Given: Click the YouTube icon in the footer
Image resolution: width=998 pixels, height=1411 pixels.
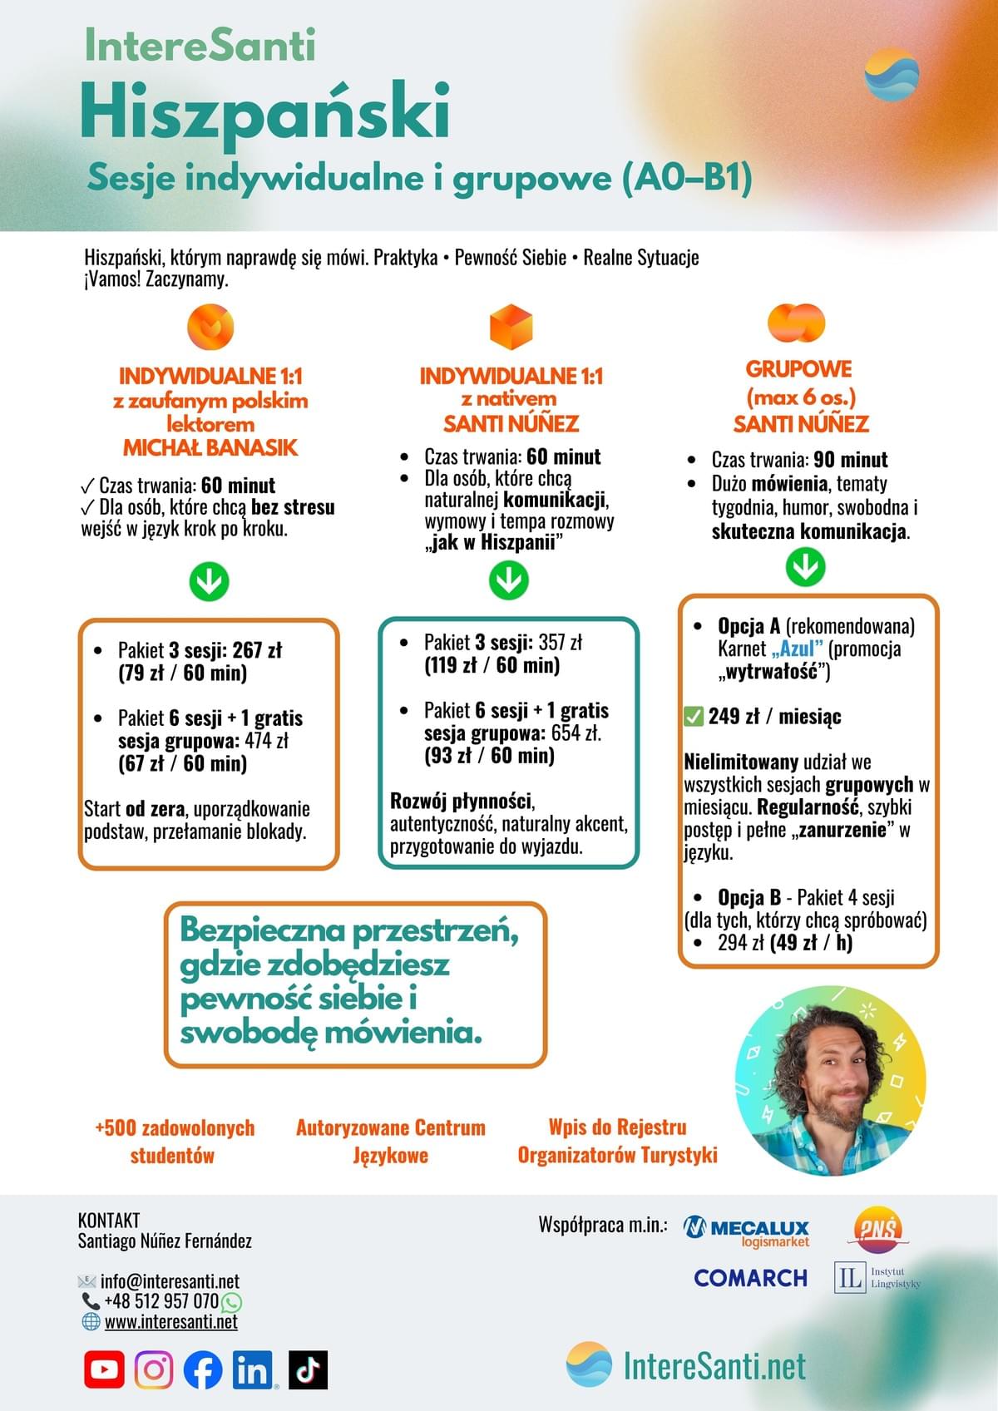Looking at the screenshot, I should (x=104, y=1369).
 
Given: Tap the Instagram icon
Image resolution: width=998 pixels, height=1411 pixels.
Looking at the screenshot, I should (x=154, y=1369).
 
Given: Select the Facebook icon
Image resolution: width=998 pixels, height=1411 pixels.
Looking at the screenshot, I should (x=203, y=1369).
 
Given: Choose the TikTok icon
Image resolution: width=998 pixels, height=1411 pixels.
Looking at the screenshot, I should (x=308, y=1369).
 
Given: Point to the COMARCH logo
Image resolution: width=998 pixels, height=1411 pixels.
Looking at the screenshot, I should (x=750, y=1277).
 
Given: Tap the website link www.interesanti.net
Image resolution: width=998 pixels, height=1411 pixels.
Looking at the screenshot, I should (x=170, y=1322).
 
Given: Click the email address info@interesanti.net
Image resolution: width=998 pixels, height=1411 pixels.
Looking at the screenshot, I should (x=170, y=1281).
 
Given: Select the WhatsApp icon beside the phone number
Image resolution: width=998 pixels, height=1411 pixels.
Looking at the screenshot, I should (x=231, y=1302).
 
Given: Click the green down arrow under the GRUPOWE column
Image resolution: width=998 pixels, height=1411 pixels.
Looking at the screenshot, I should (x=805, y=567).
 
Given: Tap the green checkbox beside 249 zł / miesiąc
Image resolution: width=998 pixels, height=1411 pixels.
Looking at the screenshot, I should (x=693, y=716).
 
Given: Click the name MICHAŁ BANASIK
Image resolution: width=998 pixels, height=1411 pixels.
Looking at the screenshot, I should (x=210, y=447).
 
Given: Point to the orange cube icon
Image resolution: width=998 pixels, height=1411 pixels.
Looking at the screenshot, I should (x=511, y=327).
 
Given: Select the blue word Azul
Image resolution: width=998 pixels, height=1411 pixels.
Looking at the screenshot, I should (x=796, y=649).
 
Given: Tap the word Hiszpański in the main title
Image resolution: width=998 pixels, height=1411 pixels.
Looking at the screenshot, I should (x=265, y=112).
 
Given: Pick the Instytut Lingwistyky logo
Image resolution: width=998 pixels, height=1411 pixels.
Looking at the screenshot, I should (x=877, y=1277).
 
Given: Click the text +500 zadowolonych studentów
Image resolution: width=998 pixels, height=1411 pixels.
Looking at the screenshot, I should (x=175, y=1141).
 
